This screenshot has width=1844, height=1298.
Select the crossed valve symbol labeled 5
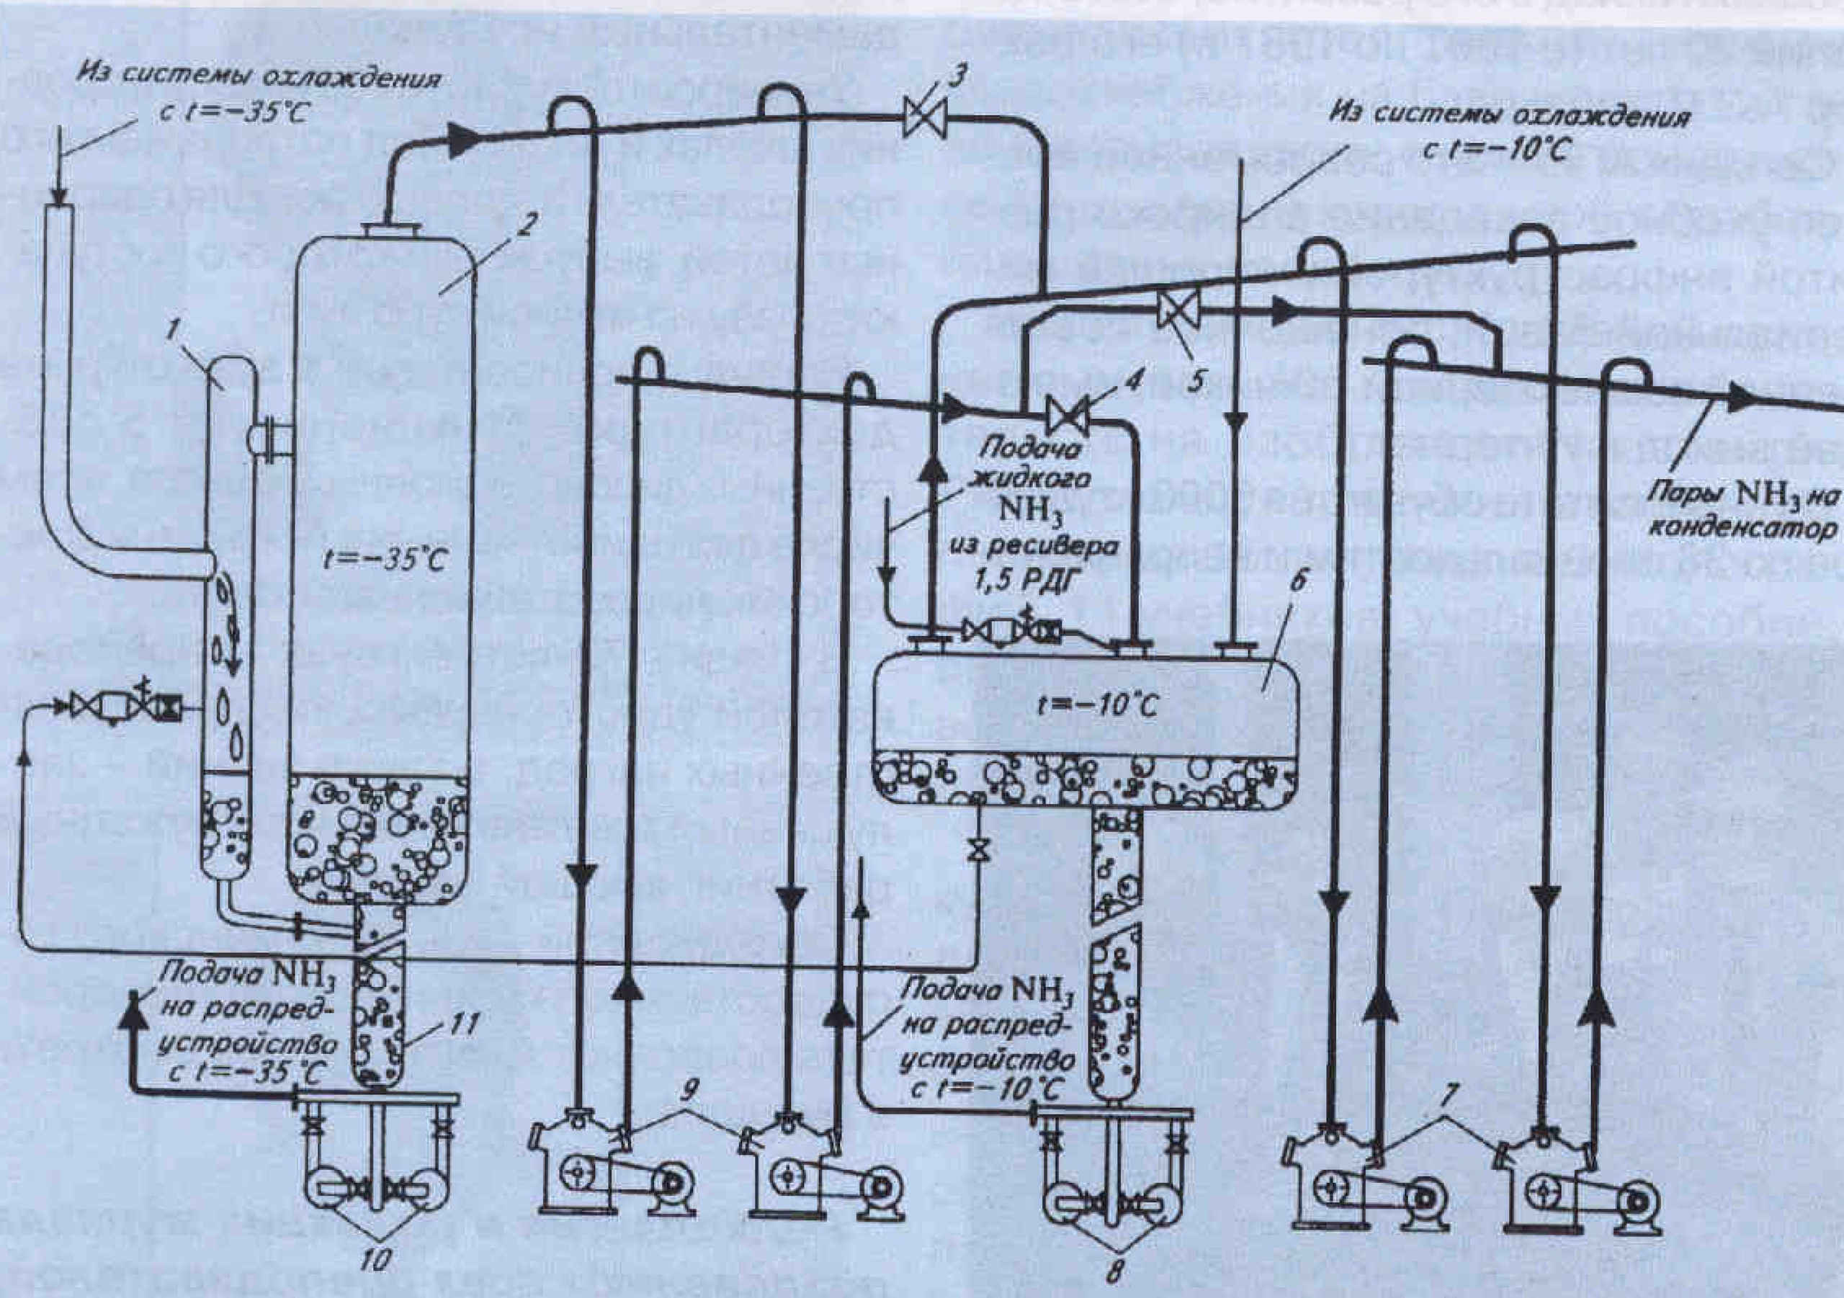[1178, 309]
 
